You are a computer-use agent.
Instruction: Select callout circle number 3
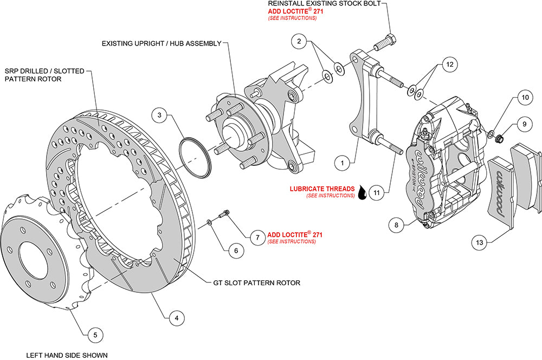click(159, 115)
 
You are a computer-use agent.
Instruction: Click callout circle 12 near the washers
click(447, 65)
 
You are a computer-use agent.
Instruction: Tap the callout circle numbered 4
click(174, 319)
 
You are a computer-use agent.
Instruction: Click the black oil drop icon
click(362, 191)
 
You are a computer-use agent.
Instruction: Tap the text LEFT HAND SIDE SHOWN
click(67, 355)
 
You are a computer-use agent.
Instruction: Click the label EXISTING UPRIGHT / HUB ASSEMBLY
click(162, 43)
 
